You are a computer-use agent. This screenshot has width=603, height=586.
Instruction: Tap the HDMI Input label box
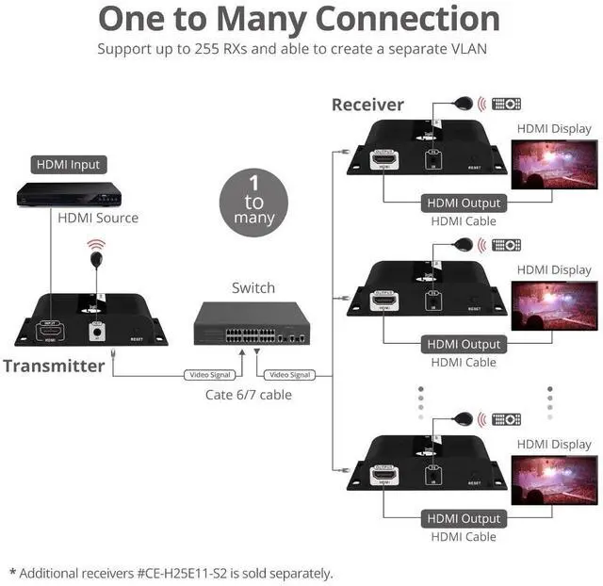[x=68, y=165]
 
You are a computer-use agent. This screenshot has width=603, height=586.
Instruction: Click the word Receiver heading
[x=367, y=105]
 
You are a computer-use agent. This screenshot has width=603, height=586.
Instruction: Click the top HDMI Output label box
[x=464, y=203]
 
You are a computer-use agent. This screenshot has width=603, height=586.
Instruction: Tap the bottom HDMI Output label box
[x=464, y=518]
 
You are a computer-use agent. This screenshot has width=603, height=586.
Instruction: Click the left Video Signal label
[x=208, y=375]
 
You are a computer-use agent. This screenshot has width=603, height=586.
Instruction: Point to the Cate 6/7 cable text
[x=249, y=395]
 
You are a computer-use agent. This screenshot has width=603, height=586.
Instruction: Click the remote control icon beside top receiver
[x=506, y=104]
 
